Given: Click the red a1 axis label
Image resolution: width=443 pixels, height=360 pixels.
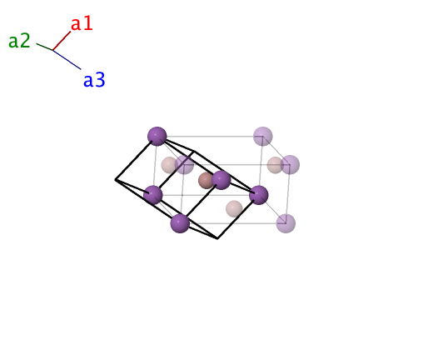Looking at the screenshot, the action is coord(82,23).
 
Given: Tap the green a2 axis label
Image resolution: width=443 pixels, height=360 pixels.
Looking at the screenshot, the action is coord(19,41).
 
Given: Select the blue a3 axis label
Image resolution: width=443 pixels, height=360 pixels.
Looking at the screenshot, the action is coord(94,80).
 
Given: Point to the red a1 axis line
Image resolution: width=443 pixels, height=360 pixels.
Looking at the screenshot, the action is coord(62,41).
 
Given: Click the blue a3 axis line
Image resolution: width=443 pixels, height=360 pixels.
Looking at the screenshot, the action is coord(67,60).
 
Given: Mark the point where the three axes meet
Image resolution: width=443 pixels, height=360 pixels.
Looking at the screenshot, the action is coord(52,50).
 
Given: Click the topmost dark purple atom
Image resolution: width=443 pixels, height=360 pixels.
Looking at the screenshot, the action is coord(157,137).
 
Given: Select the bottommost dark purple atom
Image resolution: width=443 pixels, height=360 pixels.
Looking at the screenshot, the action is coord(180,223).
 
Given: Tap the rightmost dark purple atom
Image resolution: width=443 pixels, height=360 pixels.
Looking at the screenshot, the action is coord(258,195).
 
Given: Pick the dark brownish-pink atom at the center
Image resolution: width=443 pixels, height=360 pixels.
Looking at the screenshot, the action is coord(206,181).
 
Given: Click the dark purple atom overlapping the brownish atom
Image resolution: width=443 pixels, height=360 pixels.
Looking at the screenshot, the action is coord(221,180).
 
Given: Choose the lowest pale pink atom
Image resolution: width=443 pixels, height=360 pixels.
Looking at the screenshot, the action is coord(234,209).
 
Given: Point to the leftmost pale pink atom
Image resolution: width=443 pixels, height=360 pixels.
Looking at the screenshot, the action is coord(169,165).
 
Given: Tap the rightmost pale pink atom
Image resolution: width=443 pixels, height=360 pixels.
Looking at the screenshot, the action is coord(275,165).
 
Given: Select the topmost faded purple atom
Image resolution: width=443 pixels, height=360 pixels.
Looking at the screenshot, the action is coord(263,137).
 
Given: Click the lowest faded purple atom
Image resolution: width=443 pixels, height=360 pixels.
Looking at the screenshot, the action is coord(286,223).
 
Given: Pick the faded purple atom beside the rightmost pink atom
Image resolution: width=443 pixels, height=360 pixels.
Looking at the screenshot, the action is coord(290,165).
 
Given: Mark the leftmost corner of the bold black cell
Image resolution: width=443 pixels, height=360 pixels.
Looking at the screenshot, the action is coord(115,179).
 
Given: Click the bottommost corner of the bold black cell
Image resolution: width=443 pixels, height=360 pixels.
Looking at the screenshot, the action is coord(217,238).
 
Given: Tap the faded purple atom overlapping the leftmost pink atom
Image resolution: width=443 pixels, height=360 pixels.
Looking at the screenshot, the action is coord(184,165).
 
